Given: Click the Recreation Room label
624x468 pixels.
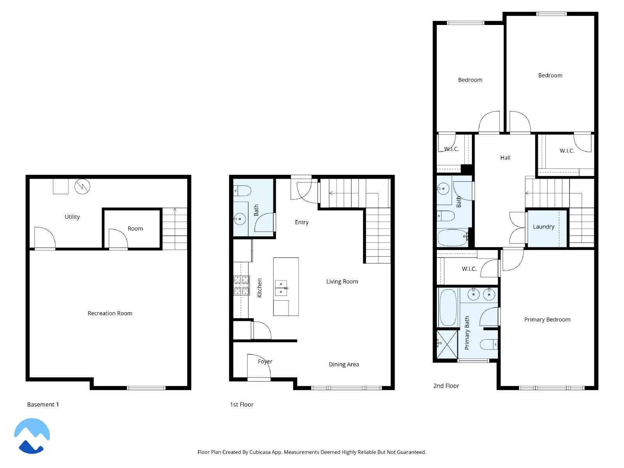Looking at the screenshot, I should pos(110,313).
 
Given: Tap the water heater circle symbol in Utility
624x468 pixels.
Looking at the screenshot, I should pos(82,186).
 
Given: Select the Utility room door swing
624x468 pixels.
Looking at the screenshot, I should pos(44,237).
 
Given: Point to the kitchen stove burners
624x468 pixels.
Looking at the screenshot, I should pos(241,285).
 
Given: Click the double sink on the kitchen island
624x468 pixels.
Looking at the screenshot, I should pos(281,288).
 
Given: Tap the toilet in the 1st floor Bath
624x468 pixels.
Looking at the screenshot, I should pos(242,191).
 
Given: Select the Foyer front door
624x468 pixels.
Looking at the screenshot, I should pos(258,367).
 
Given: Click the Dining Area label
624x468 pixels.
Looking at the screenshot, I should pos(344,364).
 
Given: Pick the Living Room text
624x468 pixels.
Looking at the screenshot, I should pos(342,282).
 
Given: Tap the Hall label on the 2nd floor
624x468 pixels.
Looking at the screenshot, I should pos(505,158).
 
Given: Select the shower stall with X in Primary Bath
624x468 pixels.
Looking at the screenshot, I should pos(447,344).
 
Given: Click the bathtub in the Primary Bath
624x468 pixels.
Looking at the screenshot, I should pos(448,307).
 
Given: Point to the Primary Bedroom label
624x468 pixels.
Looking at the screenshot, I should pos(547,319).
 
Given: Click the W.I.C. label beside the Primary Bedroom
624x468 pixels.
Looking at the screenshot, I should pos(469,269).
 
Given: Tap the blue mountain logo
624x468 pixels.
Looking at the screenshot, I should pos(32,436).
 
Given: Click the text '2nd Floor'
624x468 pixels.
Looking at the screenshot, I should pos(446,386).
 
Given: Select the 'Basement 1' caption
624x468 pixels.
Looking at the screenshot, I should pos(43,404).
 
